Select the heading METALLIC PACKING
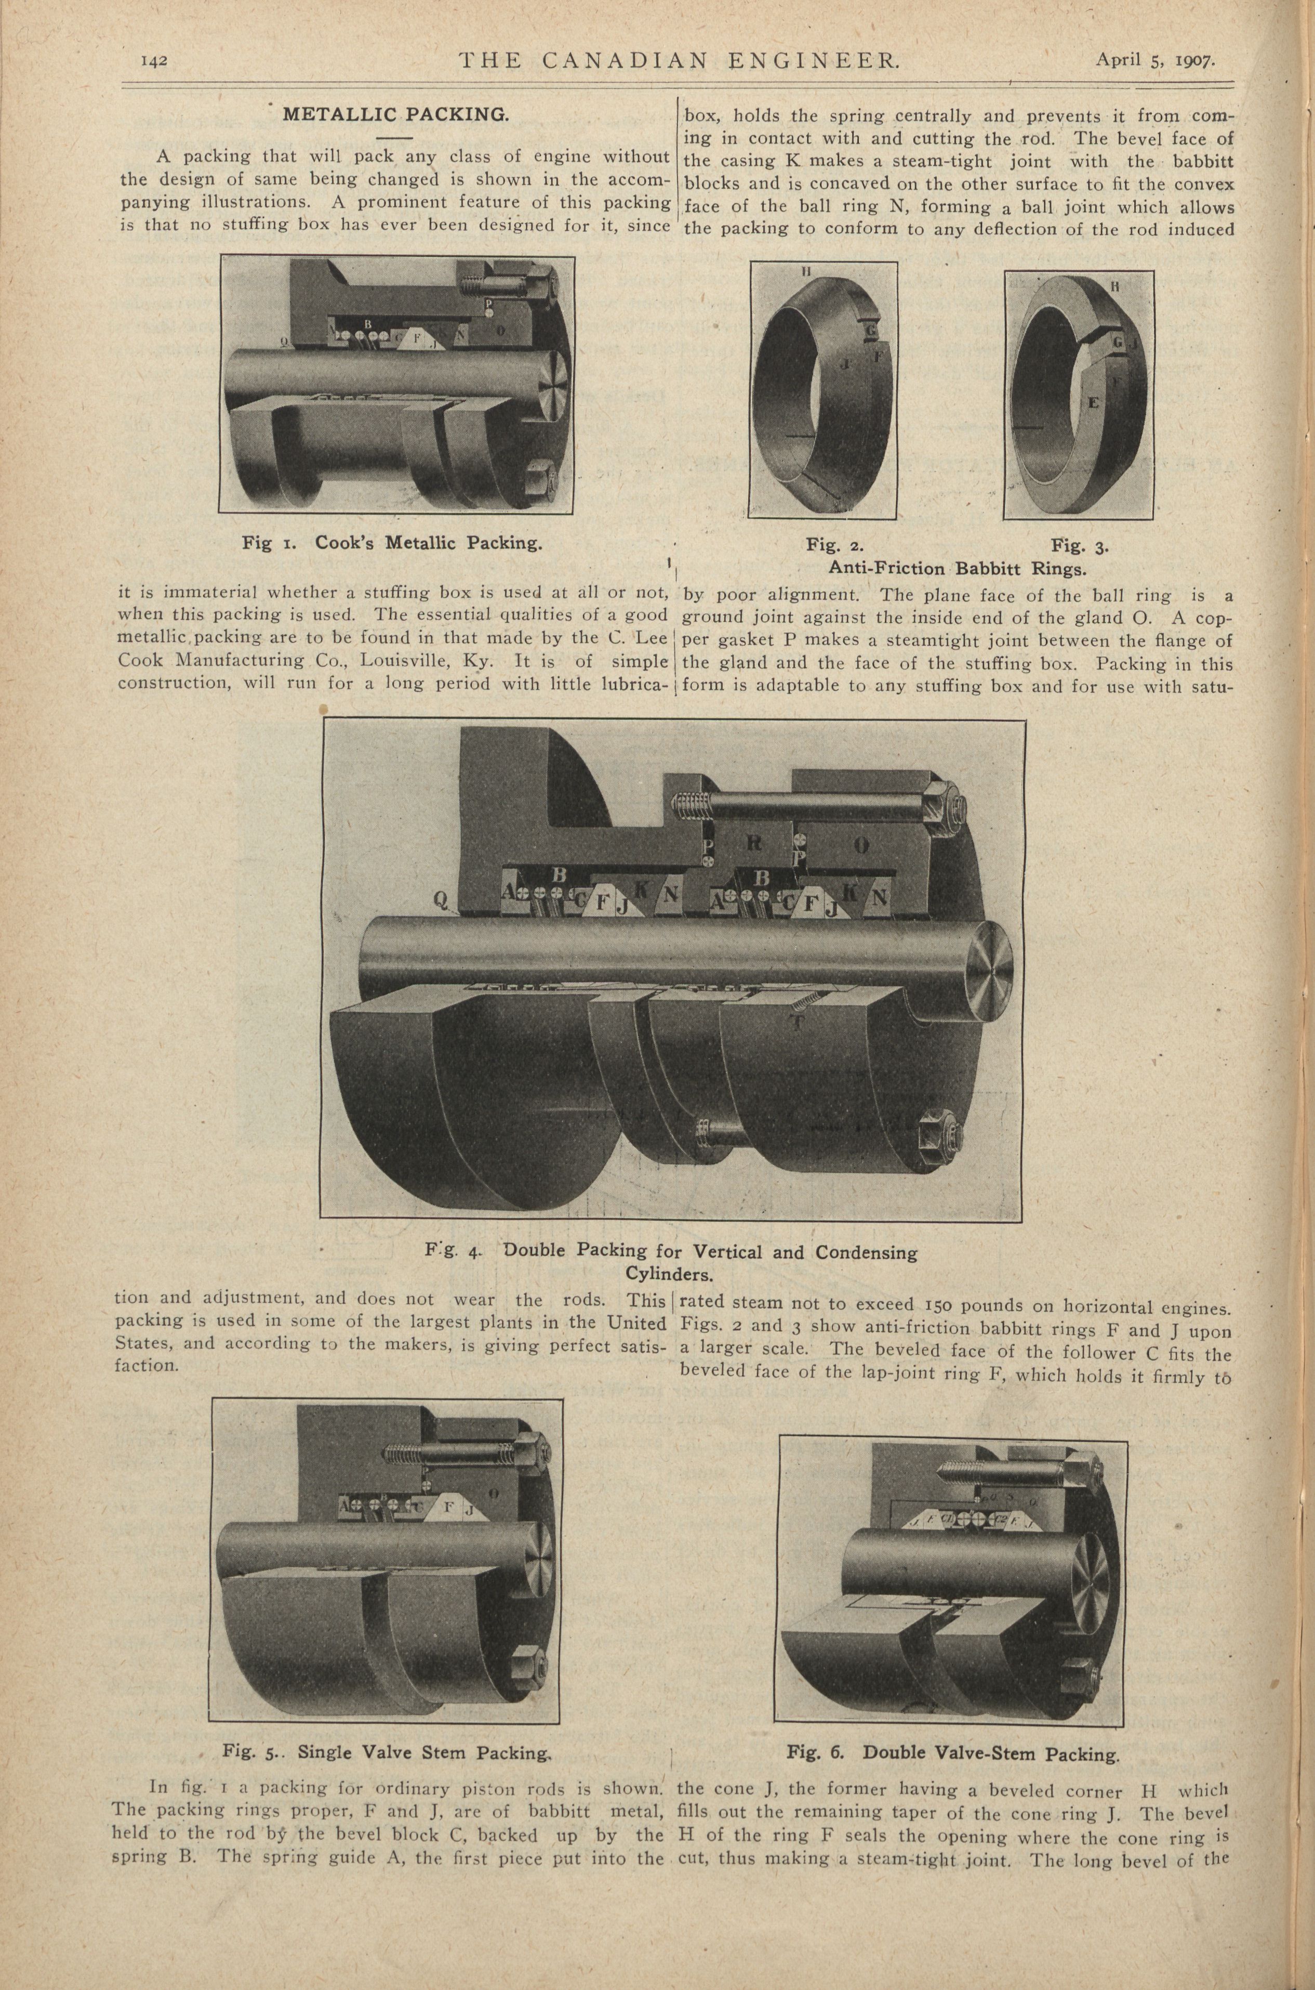tap(396, 115)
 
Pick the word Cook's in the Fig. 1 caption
tap(346, 543)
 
